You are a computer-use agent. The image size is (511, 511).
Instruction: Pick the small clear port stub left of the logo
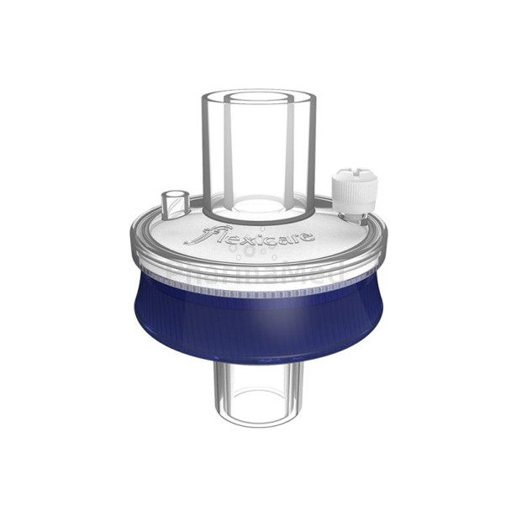[x=174, y=203]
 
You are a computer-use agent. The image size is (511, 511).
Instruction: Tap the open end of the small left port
[x=173, y=196]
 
